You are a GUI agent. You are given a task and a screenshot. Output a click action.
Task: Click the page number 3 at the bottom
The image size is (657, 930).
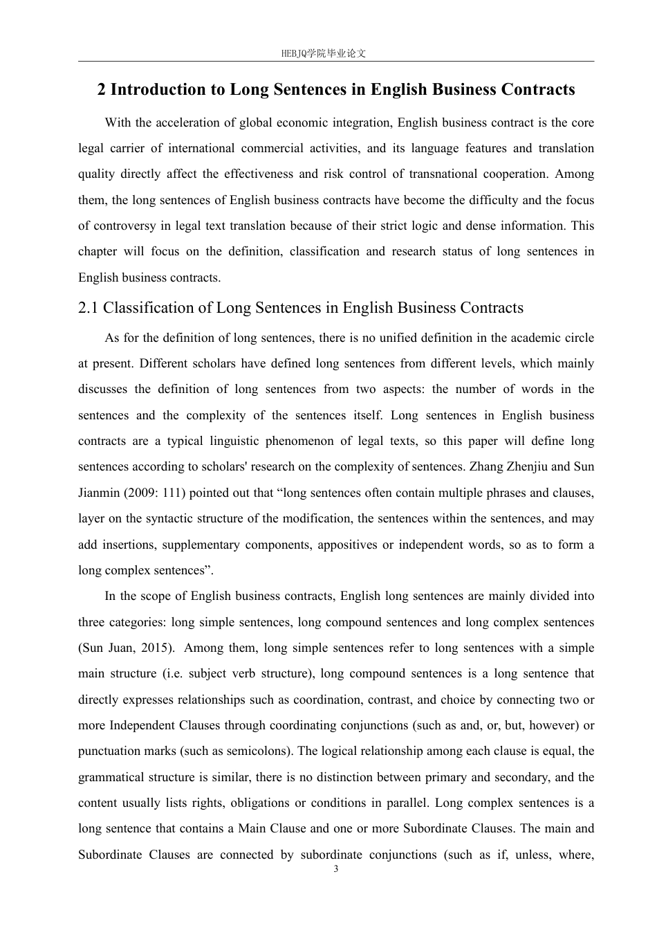[x=336, y=869]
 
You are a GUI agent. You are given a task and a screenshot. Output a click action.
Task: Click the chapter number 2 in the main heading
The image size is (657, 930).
[x=102, y=89]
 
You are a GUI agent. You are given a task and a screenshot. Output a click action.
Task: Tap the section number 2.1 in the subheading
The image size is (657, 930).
[x=89, y=307]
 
